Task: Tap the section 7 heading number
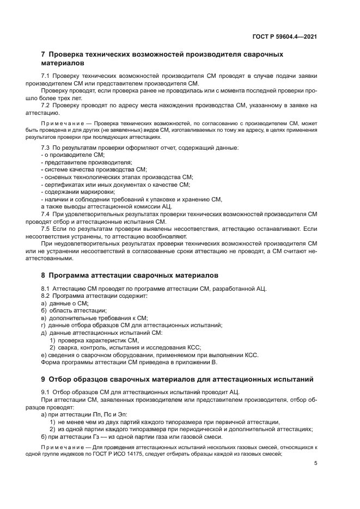(44, 55)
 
